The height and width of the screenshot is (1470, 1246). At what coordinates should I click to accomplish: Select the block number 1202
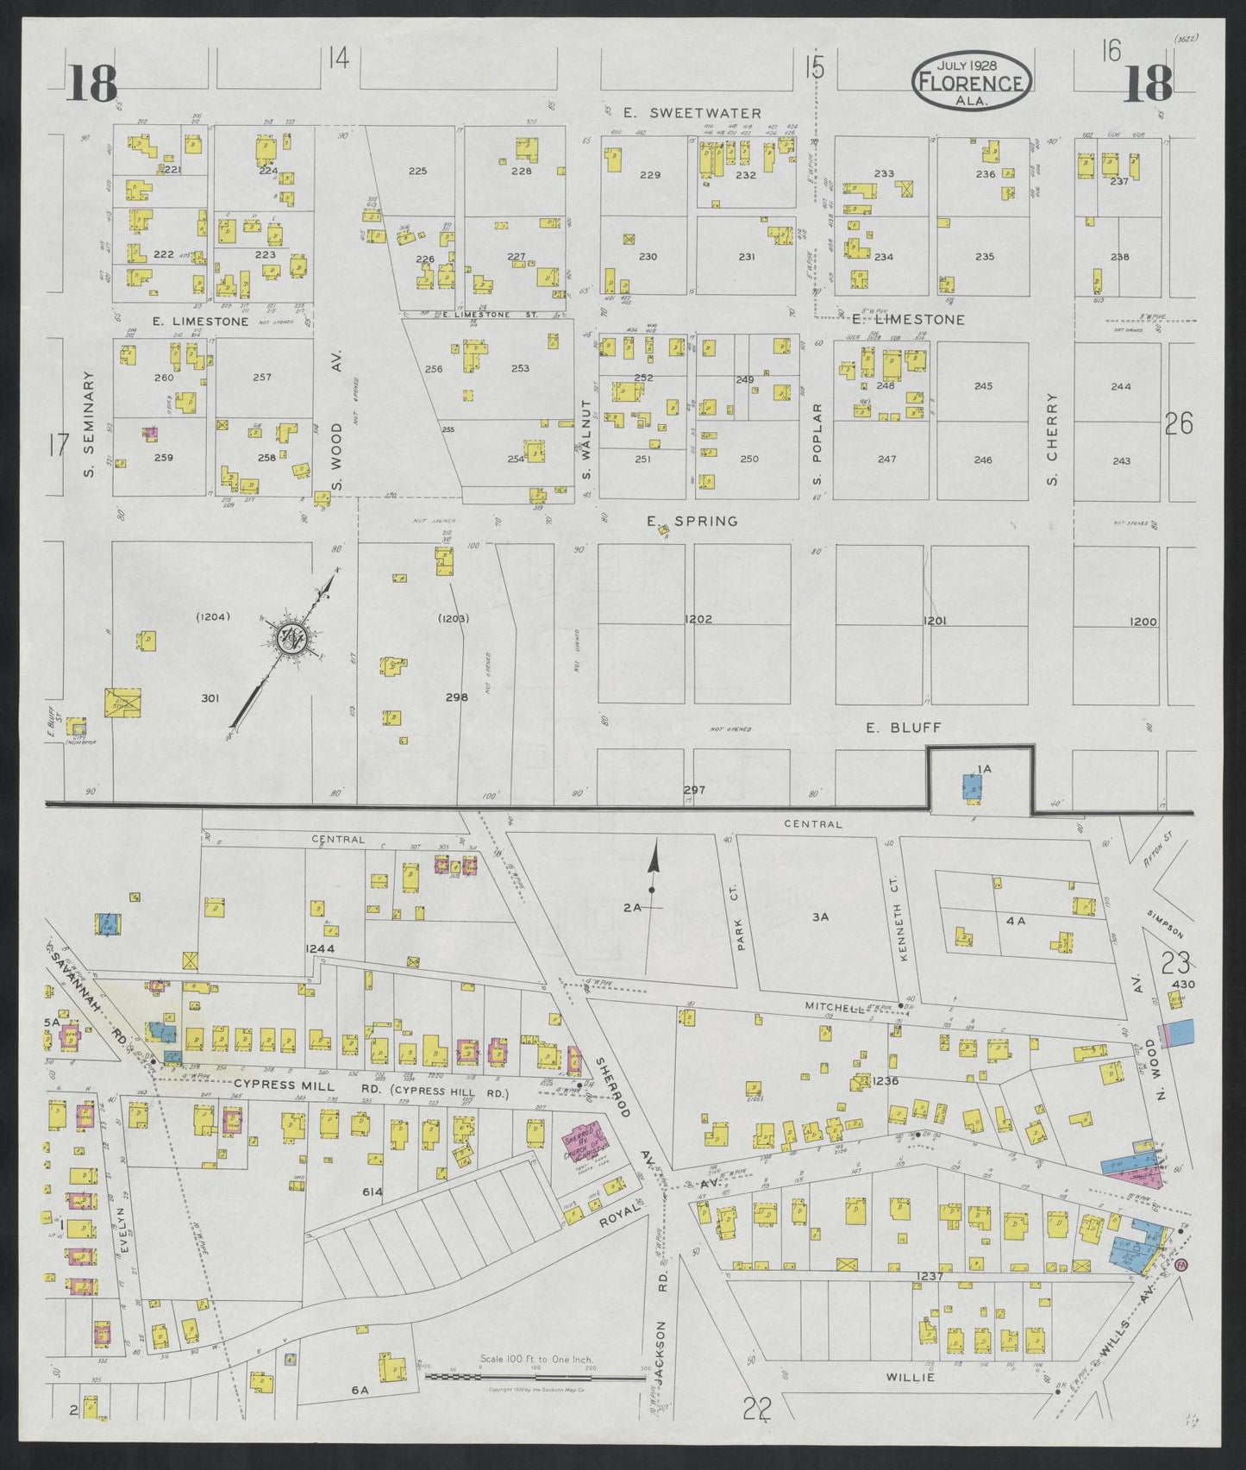point(698,619)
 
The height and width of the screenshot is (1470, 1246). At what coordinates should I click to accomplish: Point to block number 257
point(262,378)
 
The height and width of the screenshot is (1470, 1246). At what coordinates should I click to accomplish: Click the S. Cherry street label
point(1052,439)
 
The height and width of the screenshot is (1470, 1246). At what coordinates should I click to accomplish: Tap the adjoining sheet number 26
point(1178,423)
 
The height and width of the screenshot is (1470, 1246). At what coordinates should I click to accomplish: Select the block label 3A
point(820,917)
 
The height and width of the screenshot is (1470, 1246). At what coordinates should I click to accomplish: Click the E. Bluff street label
point(891,728)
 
